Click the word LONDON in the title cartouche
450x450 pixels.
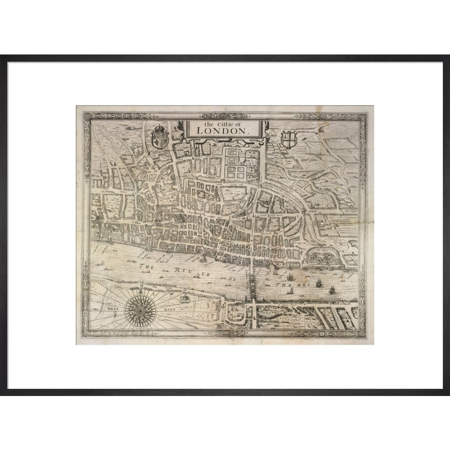coord(221,130)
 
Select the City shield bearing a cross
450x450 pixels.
coord(288,139)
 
